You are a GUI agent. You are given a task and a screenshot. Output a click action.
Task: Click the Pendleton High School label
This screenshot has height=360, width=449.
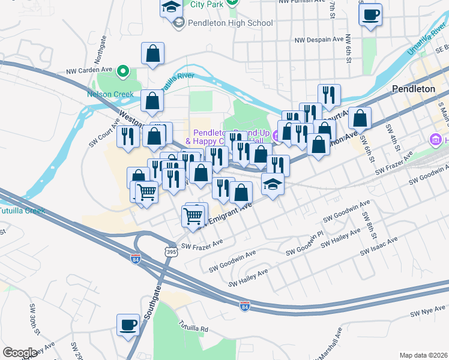point(231,23)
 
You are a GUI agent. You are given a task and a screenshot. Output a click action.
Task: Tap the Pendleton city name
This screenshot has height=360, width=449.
point(413,89)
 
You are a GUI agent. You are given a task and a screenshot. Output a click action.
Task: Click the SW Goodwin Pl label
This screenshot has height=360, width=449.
point(312,244)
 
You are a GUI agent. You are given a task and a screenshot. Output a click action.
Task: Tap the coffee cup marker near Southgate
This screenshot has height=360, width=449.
point(128,326)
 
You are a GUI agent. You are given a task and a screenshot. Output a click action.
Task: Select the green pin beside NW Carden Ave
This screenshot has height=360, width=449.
point(123,72)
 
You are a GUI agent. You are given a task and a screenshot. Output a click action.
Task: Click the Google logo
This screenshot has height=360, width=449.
point(20,353)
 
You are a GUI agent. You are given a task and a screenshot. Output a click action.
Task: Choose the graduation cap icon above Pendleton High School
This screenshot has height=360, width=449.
point(172,7)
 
